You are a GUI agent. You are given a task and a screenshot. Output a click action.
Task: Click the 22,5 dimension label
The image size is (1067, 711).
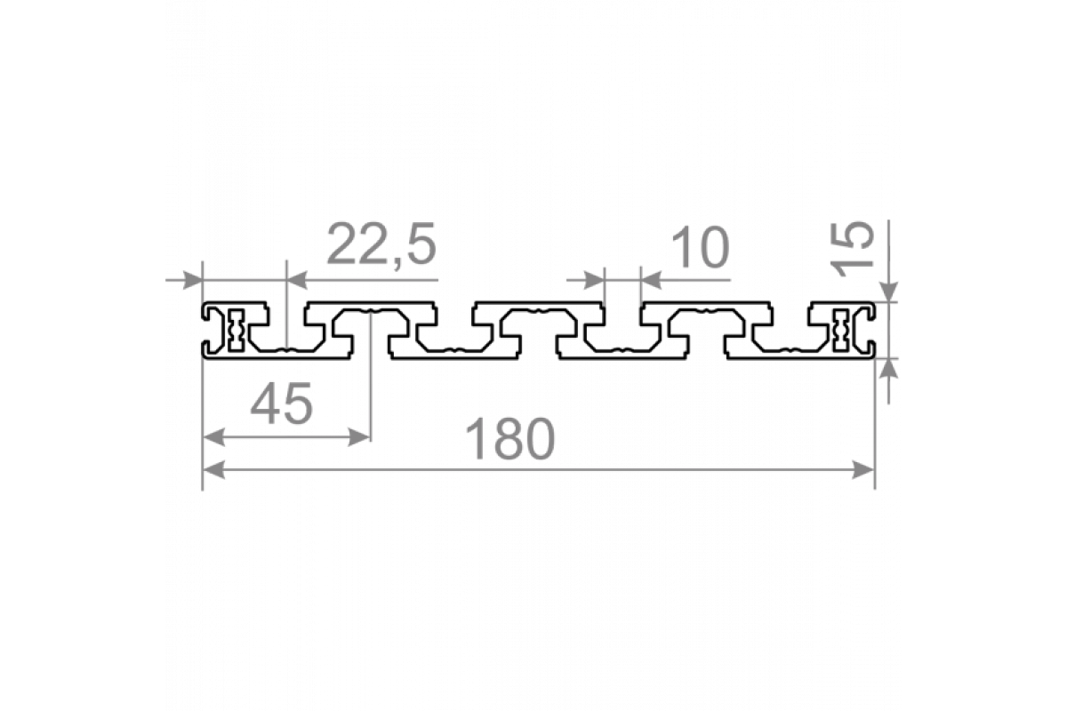coord(381,244)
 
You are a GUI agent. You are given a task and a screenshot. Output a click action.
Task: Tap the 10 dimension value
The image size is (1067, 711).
coord(702,247)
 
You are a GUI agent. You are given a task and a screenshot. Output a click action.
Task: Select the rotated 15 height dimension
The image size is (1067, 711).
coord(853,249)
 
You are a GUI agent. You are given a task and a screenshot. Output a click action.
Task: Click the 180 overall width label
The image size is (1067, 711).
coord(510,439)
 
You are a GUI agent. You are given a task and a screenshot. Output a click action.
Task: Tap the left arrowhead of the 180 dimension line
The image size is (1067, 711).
coord(214,470)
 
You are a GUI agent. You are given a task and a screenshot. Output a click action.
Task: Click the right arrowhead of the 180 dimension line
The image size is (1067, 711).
coord(862,470)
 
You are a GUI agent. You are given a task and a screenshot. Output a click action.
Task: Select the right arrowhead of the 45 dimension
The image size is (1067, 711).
coord(359,436)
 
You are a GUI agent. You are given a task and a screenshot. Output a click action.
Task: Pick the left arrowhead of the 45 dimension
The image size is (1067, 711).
coord(214,436)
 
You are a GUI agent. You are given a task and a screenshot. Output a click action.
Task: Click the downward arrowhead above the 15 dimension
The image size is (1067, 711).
coord(888,292)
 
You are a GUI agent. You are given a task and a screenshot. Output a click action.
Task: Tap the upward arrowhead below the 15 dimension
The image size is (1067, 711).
coord(888,369)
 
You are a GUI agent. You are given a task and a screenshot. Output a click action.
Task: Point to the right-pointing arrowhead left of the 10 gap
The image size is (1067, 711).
coord(594,280)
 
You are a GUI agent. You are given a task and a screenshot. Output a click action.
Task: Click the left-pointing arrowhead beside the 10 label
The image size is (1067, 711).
coord(652,280)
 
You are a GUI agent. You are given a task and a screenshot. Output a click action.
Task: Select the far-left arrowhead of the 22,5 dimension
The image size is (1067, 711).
coord(192,280)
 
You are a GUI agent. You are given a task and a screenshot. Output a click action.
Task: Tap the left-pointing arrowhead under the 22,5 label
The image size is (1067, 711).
coord(297,280)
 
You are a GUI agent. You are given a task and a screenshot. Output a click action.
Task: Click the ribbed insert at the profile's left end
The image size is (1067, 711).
coord(236,330)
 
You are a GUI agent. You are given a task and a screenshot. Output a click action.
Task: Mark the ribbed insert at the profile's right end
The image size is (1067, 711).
coord(841,330)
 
